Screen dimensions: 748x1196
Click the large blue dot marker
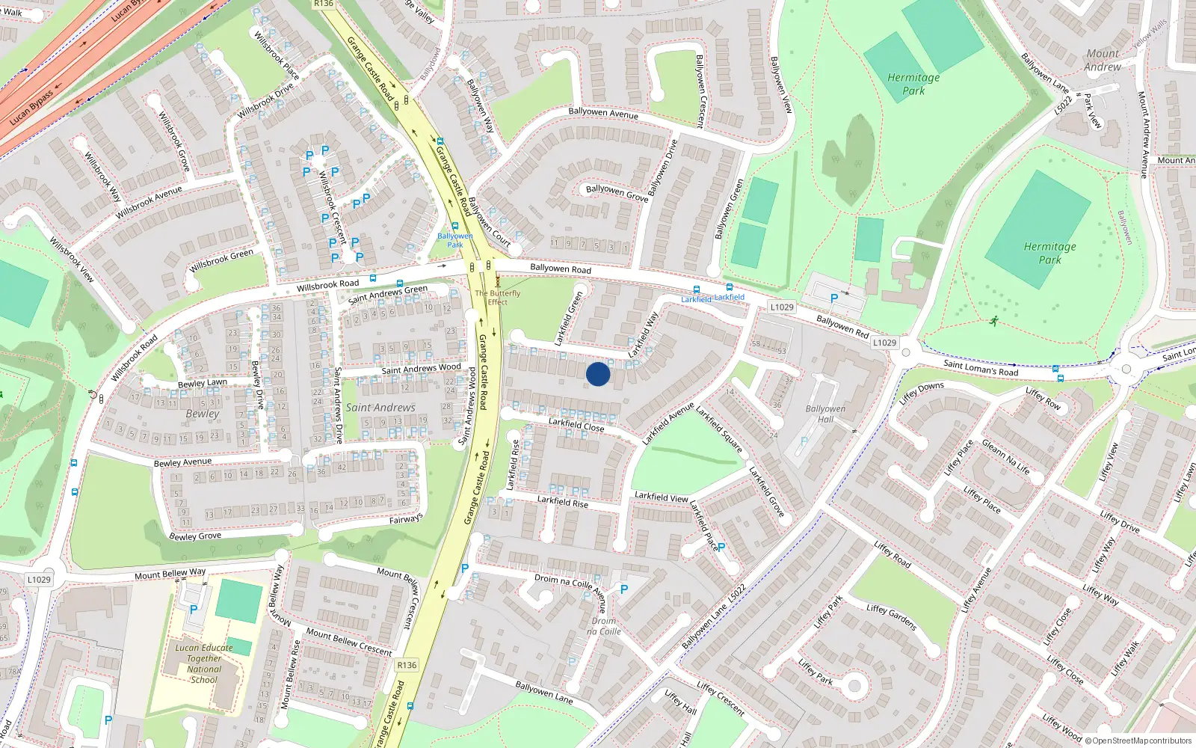click(598, 374)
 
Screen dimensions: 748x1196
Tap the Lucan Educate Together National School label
click(204, 664)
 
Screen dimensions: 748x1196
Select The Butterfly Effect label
click(498, 298)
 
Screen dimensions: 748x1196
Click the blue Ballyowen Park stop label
click(455, 240)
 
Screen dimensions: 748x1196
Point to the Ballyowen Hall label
click(825, 414)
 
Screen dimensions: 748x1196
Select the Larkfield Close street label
click(576, 425)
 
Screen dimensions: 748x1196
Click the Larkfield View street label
click(662, 497)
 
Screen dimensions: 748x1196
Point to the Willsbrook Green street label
click(221, 260)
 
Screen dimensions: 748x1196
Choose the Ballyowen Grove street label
click(617, 193)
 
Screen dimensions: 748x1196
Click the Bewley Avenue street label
click(183, 463)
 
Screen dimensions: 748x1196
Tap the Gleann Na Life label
click(1005, 457)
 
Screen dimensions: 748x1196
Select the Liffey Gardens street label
click(892, 617)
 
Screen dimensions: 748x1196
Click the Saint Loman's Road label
click(981, 367)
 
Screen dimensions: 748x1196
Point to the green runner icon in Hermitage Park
click(994, 322)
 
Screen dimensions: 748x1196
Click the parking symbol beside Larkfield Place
click(721, 548)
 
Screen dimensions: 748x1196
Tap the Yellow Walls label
click(1149, 34)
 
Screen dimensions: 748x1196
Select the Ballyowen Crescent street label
click(700, 91)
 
